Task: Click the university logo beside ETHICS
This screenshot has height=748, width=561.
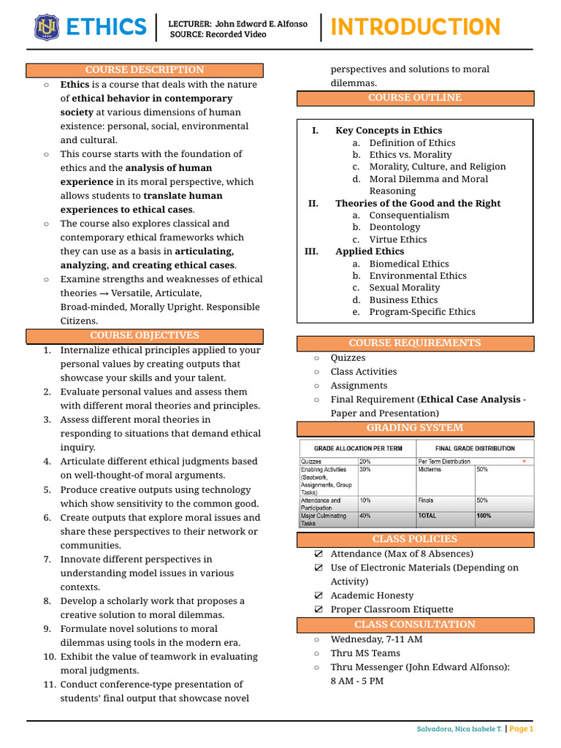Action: tap(47, 27)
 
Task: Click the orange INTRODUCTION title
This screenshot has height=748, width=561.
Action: tap(416, 27)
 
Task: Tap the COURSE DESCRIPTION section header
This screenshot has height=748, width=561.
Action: tap(145, 70)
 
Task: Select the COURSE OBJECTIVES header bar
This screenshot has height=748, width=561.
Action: tap(145, 335)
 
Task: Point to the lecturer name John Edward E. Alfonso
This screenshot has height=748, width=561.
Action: tap(262, 23)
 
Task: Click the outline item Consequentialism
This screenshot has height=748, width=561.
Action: tap(409, 215)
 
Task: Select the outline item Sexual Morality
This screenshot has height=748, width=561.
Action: tap(405, 288)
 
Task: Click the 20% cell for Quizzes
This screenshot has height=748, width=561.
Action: tap(365, 462)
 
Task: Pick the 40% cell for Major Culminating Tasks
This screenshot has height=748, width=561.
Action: tap(365, 515)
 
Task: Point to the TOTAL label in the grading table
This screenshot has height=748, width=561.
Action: tap(429, 515)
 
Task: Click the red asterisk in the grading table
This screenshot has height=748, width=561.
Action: tap(524, 462)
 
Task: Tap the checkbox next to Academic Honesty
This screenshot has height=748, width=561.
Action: tap(318, 595)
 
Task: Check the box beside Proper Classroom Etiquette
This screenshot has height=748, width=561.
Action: tap(318, 609)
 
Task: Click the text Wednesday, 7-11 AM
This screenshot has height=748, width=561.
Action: tap(376, 639)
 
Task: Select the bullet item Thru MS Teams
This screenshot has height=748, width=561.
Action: tap(365, 653)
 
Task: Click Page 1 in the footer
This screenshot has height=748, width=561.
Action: tap(522, 729)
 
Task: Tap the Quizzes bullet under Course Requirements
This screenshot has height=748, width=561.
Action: tap(348, 358)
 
